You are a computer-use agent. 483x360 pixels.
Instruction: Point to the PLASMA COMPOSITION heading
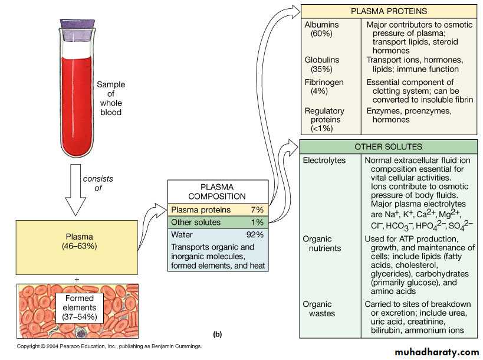[x=218, y=191]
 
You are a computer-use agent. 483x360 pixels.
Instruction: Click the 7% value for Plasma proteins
[x=257, y=210]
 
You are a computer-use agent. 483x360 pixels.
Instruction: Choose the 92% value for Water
[x=254, y=234]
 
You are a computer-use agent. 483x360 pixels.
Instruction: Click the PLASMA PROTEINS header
[x=388, y=11]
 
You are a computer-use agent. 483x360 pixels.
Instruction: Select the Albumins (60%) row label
[x=322, y=30]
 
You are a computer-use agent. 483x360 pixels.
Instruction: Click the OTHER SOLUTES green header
[x=387, y=146]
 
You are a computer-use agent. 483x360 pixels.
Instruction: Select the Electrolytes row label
[x=324, y=161]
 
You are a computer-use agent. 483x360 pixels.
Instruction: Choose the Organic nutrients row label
[x=321, y=244]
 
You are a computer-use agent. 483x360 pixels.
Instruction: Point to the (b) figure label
[x=217, y=334]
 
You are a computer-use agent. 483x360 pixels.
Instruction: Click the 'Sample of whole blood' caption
[x=111, y=98]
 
